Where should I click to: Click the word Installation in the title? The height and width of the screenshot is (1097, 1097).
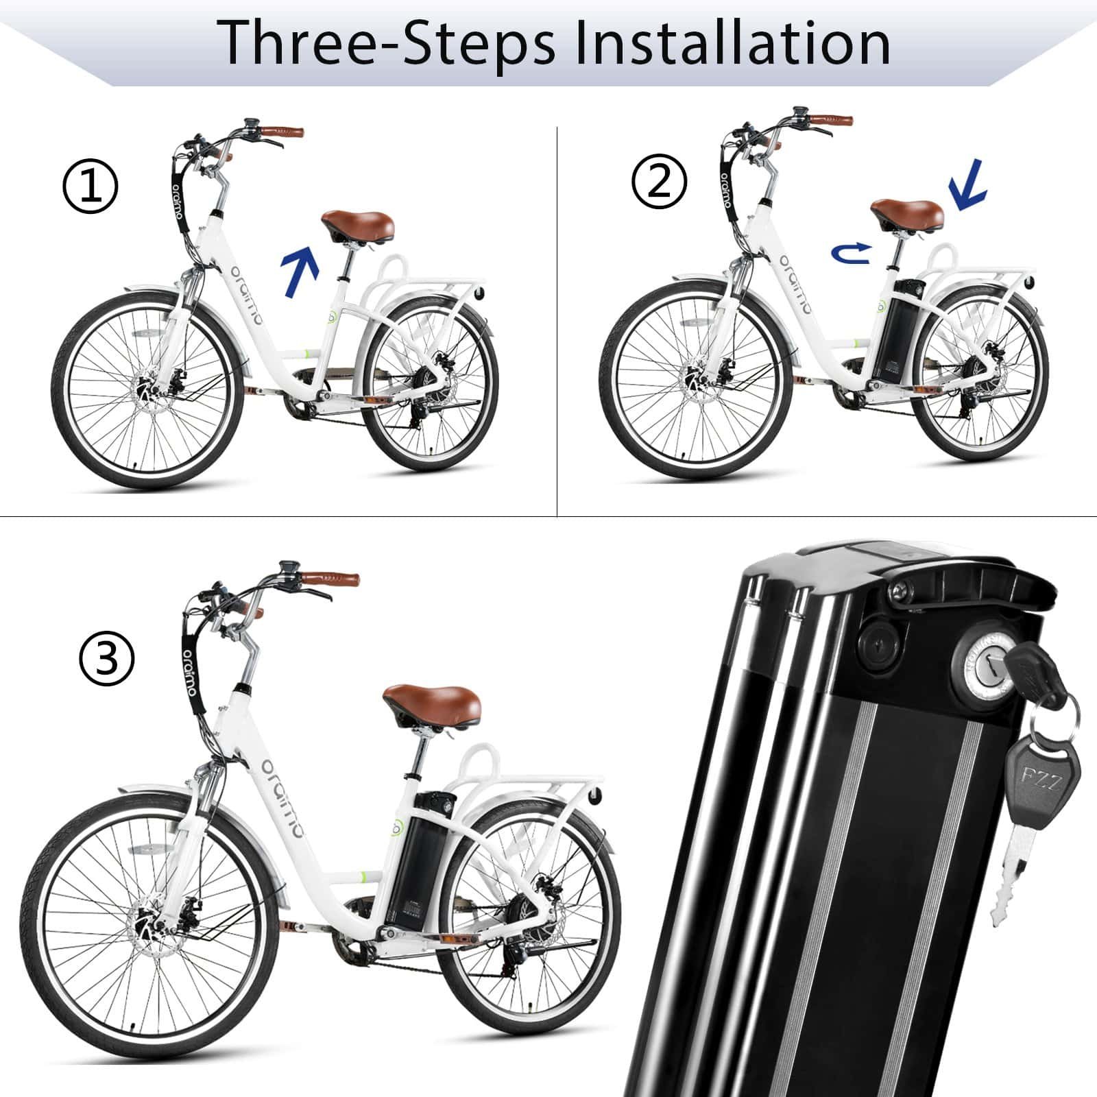pyautogui.click(x=732, y=43)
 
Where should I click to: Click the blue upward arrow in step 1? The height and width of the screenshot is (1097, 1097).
pyautogui.click(x=301, y=272)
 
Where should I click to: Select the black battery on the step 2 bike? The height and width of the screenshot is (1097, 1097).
pyautogui.click(x=899, y=329)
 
